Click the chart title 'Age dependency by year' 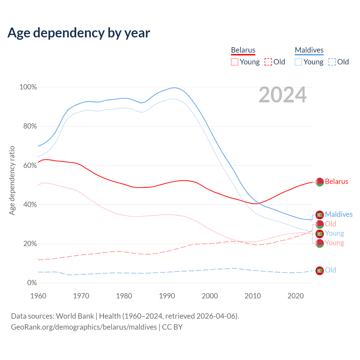[x=79, y=33]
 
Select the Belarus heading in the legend [x=243, y=50]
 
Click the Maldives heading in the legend [x=309, y=50]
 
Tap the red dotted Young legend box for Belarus [x=235, y=62]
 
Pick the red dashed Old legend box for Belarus [x=268, y=62]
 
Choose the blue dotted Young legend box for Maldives [x=298, y=62]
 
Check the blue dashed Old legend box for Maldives [x=332, y=62]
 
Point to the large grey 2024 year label [x=282, y=95]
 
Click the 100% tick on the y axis [x=28, y=87]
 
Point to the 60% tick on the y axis [x=30, y=165]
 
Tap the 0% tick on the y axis [x=32, y=283]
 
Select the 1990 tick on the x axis [x=167, y=296]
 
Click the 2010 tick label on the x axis [x=253, y=296]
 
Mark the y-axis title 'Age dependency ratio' [x=12, y=180]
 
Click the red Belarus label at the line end [x=336, y=182]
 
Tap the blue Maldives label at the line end [x=339, y=215]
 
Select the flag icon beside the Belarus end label [x=319, y=182]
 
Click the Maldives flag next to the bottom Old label [x=319, y=271]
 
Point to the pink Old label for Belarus [x=330, y=224]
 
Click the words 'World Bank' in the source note [x=75, y=316]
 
